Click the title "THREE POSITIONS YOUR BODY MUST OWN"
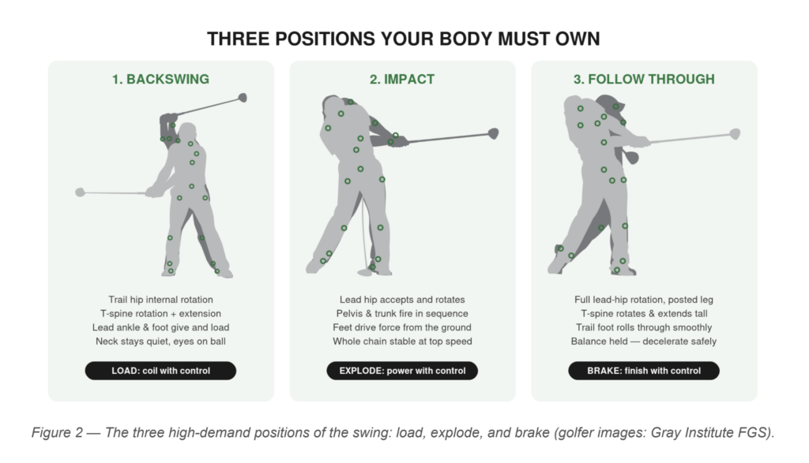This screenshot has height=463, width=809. [x=403, y=39]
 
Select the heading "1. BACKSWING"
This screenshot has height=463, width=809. [x=160, y=80]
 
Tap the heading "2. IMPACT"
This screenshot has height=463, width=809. [x=402, y=80]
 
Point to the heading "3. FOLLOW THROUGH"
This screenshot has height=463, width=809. [x=644, y=80]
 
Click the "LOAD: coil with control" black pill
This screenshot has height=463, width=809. [x=160, y=371]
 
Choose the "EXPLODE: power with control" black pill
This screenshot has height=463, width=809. [x=402, y=371]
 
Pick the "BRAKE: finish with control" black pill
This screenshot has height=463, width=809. [x=644, y=371]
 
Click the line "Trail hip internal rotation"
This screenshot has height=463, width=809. [x=160, y=300]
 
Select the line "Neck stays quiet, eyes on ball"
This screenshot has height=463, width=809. [x=160, y=342]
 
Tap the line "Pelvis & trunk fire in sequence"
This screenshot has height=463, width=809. [x=402, y=314]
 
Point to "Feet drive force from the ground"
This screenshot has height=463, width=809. [x=402, y=327]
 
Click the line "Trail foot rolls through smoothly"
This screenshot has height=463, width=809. [x=644, y=327]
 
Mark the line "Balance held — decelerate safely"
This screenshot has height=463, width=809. [x=644, y=342]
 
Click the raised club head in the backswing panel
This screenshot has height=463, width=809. [x=242, y=97]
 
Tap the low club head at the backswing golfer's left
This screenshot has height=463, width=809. [x=80, y=192]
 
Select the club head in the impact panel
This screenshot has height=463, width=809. [x=493, y=134]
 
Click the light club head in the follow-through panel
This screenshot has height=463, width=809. [x=735, y=134]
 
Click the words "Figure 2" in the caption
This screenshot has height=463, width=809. [x=57, y=432]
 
